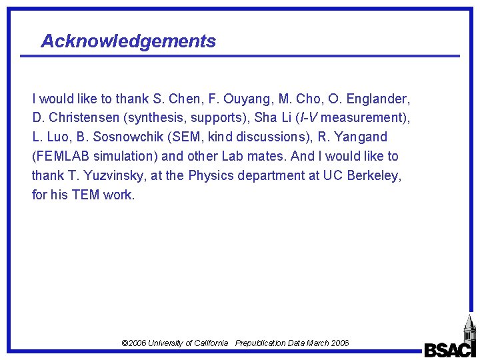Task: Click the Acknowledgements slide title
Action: (x=128, y=41)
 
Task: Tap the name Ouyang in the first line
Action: (x=244, y=99)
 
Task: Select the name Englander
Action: (x=380, y=99)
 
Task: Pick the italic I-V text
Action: (x=307, y=118)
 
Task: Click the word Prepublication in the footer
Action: (x=260, y=343)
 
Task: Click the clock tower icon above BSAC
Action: (x=469, y=327)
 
